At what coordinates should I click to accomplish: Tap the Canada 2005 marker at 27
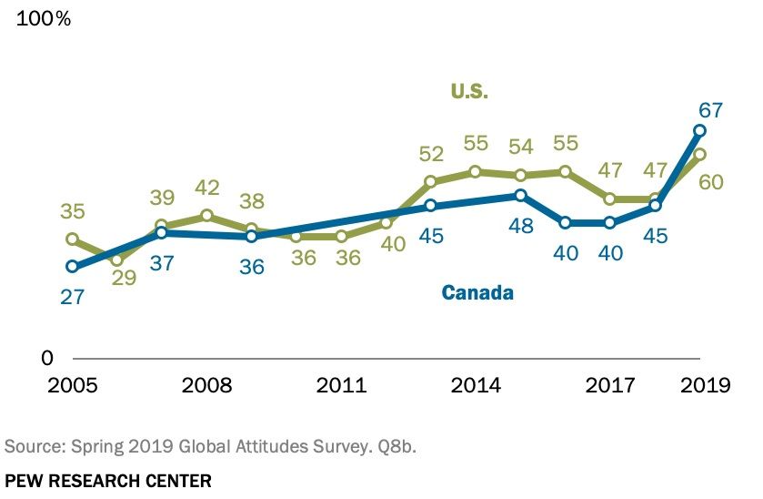tap(72, 267)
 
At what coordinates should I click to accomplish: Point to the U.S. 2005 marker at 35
tap(72, 239)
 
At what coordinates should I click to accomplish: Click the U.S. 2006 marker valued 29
tap(116, 260)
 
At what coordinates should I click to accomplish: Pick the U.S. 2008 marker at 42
tap(206, 216)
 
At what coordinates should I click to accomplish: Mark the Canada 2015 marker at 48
tap(520, 195)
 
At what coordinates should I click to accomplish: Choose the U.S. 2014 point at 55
tap(476, 171)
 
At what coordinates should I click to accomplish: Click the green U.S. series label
tap(469, 91)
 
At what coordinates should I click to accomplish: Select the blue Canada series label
tap(477, 293)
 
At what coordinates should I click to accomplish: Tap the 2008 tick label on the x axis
tap(206, 385)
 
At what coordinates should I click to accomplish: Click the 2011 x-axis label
tap(341, 385)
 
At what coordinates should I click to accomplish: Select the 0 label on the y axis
tap(47, 358)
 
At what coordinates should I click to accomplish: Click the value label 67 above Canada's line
tap(709, 110)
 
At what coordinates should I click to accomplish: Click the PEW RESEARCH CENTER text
tap(107, 480)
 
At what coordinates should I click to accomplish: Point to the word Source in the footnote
tap(28, 446)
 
